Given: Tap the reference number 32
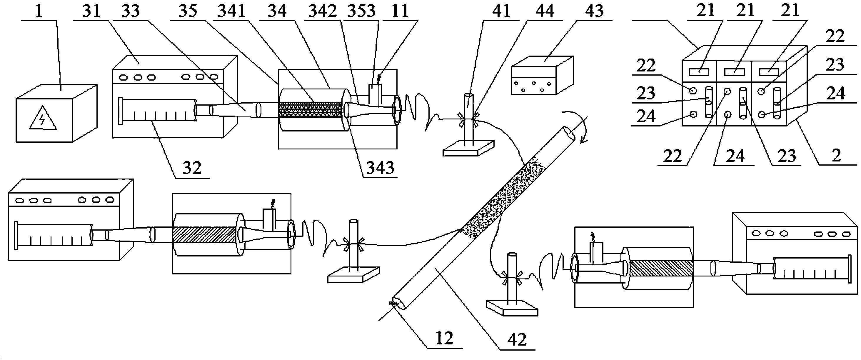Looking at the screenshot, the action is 192,167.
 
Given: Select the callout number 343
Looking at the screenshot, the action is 380,167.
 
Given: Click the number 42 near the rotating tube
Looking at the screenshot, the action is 517,340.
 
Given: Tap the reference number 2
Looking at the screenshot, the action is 836,155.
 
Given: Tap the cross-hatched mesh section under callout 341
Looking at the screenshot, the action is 311,110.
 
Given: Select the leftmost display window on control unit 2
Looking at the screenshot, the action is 699,71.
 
